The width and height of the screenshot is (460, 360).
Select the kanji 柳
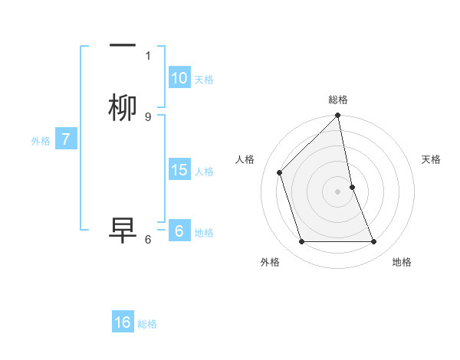[x=123, y=108]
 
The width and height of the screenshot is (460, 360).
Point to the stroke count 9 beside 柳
[x=148, y=116]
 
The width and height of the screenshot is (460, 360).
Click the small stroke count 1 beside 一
[x=148, y=55]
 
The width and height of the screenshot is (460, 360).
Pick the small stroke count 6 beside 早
[x=148, y=239]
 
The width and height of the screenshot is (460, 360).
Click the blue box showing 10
[x=179, y=78]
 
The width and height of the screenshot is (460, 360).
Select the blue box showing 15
[x=179, y=170]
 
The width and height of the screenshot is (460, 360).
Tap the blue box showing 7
[x=66, y=139]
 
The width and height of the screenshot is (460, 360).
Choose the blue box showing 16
[x=123, y=322]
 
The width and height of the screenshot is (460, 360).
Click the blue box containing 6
[x=179, y=231]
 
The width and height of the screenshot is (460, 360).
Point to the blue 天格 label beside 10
[x=204, y=80]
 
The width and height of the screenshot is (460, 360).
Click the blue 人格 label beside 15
[x=204, y=172]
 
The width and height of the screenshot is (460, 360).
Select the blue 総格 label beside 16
[x=147, y=324]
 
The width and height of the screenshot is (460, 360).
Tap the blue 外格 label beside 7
[x=40, y=141]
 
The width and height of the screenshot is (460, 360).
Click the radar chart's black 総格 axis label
[x=338, y=100]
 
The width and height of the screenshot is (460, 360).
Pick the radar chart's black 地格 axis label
[x=402, y=262]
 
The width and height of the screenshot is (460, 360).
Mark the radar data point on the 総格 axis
[x=338, y=116]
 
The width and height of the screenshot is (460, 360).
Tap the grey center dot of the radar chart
[x=338, y=191]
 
